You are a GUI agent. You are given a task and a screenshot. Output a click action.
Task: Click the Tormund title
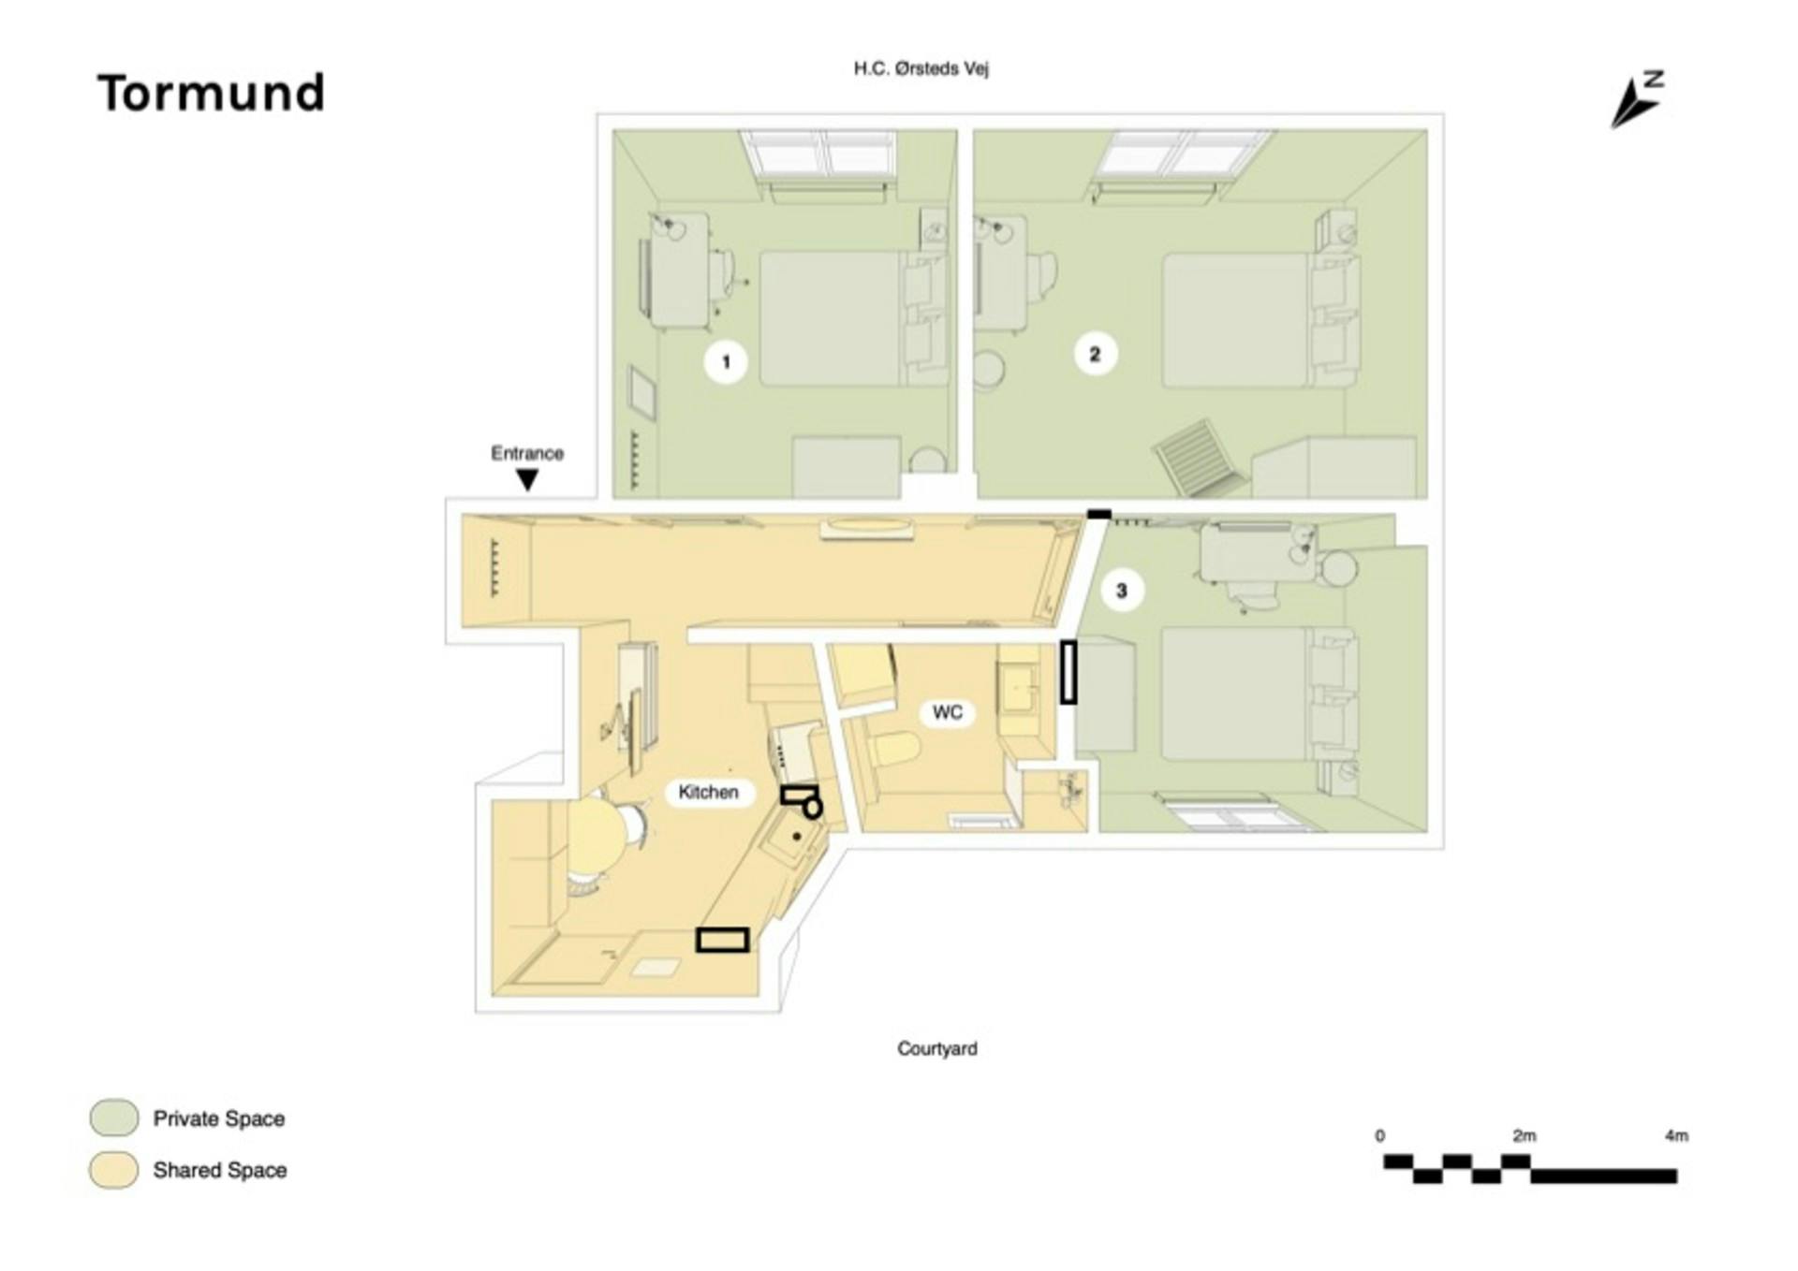[x=211, y=94]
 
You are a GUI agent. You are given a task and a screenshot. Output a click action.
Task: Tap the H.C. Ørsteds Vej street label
[x=921, y=68]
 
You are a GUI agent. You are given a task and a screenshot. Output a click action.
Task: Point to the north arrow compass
[x=1636, y=99]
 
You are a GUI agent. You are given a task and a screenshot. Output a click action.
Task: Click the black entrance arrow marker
[x=527, y=480]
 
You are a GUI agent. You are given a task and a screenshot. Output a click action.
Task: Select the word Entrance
[x=527, y=453]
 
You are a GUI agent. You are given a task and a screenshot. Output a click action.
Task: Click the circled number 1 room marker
[x=726, y=361]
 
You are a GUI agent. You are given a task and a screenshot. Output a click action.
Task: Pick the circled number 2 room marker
[x=1095, y=354]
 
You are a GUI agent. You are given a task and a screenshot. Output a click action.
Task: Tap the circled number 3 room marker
[x=1121, y=591]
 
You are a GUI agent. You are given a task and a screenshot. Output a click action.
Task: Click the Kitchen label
[x=708, y=792]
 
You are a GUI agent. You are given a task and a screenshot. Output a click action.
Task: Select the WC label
[x=948, y=712]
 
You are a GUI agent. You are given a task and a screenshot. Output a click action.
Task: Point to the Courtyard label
[x=936, y=1048]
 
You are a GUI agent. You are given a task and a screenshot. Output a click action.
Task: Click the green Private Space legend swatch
[x=114, y=1118]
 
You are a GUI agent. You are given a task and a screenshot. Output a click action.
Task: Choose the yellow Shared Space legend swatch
[x=114, y=1170]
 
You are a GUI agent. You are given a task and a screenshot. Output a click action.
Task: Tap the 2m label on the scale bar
[x=1524, y=1135]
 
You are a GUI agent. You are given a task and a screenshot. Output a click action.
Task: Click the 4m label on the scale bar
[x=1676, y=1135]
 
